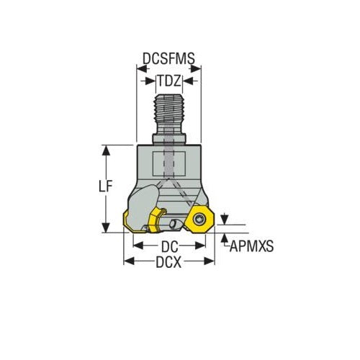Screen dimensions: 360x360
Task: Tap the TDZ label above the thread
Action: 169,81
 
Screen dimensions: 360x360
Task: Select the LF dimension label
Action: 105,186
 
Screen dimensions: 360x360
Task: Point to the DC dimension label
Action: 169,246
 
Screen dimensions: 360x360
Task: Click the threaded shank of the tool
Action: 169,112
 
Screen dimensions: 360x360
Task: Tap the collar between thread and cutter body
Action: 169,138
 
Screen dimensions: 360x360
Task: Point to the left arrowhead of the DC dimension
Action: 138,245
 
